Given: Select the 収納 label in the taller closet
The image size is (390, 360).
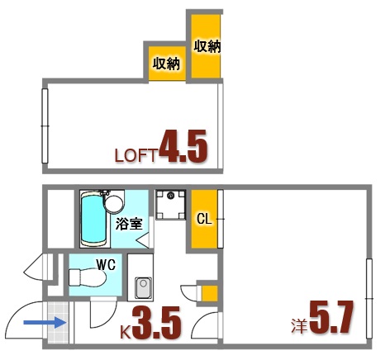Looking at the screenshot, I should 207,46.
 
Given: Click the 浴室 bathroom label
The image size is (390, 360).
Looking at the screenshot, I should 129,223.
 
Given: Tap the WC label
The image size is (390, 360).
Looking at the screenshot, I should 105,267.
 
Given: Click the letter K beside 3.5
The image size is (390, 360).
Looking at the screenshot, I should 126,333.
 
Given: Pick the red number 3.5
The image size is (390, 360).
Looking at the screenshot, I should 156,324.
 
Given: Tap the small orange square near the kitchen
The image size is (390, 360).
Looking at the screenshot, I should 209,293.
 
